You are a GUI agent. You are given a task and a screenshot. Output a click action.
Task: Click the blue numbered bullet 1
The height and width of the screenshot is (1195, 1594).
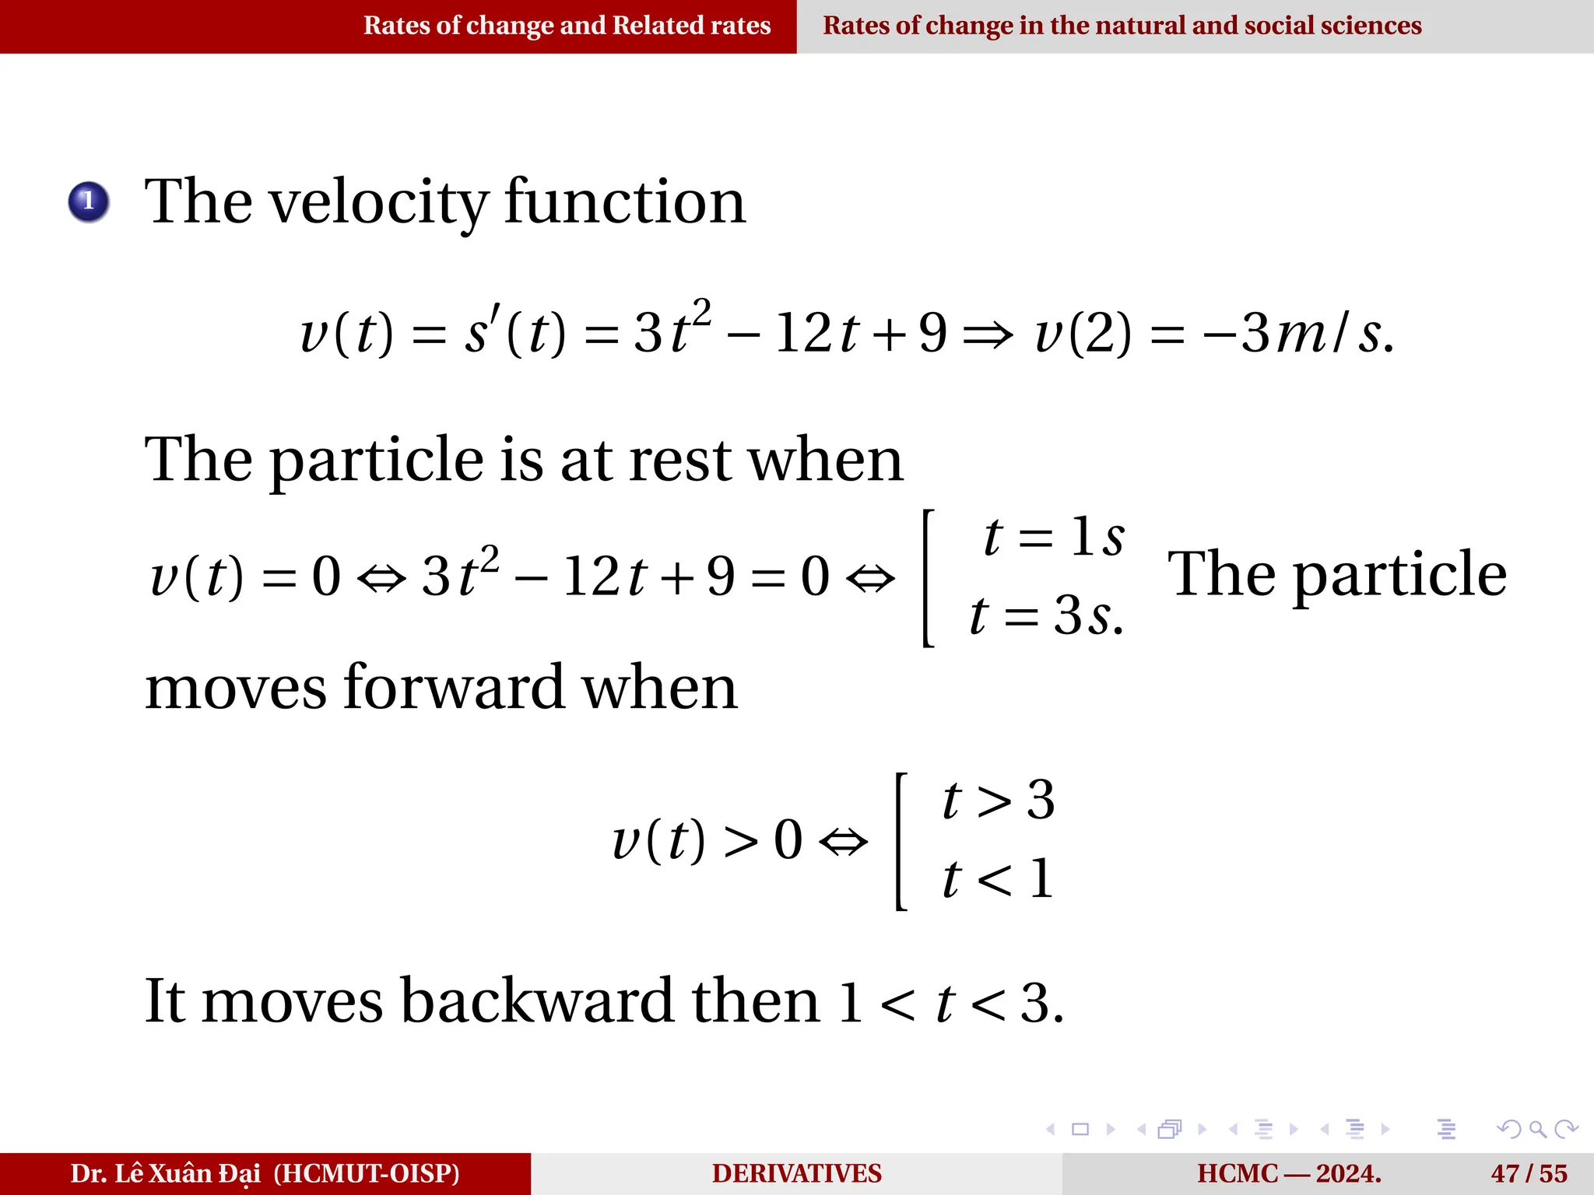(x=89, y=202)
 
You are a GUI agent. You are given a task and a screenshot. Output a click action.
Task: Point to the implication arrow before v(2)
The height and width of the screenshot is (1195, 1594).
(x=988, y=335)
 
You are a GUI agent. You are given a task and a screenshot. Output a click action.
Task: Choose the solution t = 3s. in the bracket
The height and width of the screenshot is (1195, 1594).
(x=1047, y=615)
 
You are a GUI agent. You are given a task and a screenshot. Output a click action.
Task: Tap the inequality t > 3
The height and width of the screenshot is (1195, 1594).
(x=999, y=800)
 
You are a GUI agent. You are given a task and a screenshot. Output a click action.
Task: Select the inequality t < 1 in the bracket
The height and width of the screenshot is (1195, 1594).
(x=999, y=879)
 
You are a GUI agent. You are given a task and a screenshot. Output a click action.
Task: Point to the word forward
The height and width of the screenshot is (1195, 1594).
(x=454, y=688)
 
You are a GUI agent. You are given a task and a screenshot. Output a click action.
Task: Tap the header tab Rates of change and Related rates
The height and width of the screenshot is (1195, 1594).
(x=567, y=26)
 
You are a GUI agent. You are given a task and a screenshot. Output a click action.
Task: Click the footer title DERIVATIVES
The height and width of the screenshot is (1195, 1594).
(x=796, y=1173)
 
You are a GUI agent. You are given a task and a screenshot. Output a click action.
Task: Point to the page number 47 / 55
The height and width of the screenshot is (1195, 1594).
(x=1529, y=1173)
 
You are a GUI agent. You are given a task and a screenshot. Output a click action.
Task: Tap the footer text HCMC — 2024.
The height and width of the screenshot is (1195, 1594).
(x=1289, y=1173)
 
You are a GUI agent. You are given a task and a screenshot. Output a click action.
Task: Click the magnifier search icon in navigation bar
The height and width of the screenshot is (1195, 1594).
(x=1536, y=1129)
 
